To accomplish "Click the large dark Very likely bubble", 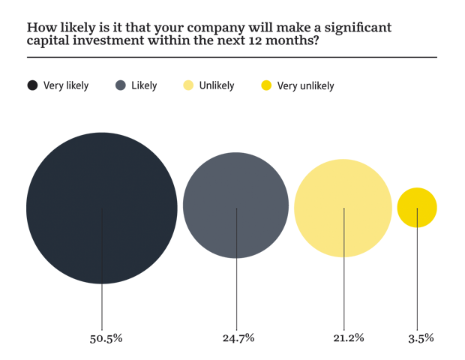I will click(x=102, y=208).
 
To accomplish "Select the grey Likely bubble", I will click(x=235, y=205).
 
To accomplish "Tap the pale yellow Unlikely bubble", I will click(x=343, y=208).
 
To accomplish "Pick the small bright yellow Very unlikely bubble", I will click(x=417, y=207).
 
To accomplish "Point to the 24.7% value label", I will click(x=238, y=338).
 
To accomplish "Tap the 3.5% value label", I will click(x=421, y=338).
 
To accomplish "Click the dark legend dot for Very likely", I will click(x=32, y=85).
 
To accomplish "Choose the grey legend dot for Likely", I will click(x=121, y=85).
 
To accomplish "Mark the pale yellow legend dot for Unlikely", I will click(x=189, y=85).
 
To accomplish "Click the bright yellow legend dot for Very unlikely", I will click(x=265, y=85).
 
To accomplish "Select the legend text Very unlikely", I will click(x=305, y=85).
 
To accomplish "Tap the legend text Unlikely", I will click(x=218, y=85).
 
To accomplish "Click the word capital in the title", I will click(x=47, y=42).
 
